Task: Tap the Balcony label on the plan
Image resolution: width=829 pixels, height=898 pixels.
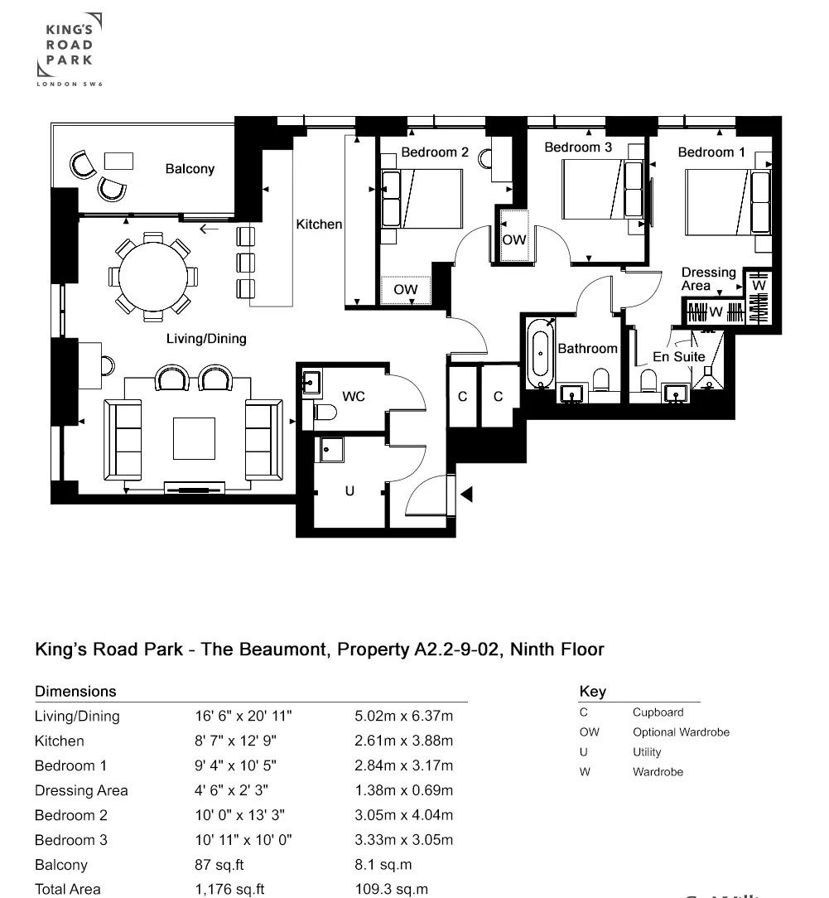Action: (x=190, y=169)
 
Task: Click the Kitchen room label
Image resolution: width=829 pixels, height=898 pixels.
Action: (x=319, y=224)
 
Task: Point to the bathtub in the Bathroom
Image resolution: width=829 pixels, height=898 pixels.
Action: (x=539, y=354)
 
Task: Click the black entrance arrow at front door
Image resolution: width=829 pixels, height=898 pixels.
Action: (x=466, y=495)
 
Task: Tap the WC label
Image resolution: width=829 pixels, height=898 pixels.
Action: (x=354, y=397)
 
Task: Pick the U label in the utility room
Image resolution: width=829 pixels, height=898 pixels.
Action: (x=349, y=491)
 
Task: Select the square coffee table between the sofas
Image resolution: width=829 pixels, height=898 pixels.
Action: (x=194, y=438)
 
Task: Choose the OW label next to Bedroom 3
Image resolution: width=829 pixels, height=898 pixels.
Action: (x=514, y=239)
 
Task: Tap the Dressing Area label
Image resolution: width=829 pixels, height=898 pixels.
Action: (x=708, y=278)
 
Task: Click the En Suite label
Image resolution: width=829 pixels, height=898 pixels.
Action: (x=678, y=356)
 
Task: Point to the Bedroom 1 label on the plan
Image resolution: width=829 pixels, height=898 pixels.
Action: (x=711, y=152)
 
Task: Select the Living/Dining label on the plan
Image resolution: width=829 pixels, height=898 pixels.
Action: (x=206, y=338)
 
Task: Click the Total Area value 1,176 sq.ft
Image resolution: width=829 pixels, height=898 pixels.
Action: (x=229, y=889)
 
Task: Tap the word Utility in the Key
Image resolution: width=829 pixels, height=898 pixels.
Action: (x=647, y=752)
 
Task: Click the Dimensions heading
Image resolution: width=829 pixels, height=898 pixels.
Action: (x=75, y=691)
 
